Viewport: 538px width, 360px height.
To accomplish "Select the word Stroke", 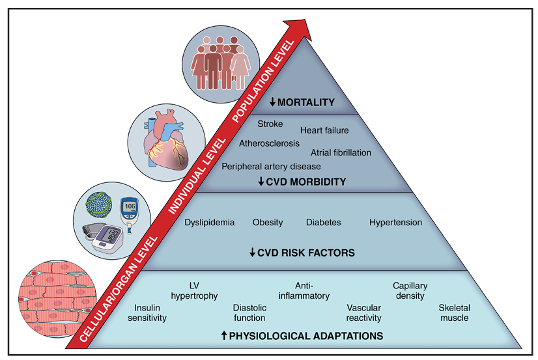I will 270,124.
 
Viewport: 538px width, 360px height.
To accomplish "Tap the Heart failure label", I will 324,130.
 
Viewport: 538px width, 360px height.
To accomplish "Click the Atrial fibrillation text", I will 341,152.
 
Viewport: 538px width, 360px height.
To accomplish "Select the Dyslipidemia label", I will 210,222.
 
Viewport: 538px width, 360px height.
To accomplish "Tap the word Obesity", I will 268,222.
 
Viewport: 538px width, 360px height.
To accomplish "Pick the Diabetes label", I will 324,222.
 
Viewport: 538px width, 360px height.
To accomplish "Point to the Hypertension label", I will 395,222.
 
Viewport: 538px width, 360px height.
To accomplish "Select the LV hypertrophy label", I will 194,290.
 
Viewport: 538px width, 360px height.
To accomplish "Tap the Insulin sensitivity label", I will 150,312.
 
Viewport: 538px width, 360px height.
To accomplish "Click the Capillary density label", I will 409,290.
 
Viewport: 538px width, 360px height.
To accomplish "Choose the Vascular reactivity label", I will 364,312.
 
